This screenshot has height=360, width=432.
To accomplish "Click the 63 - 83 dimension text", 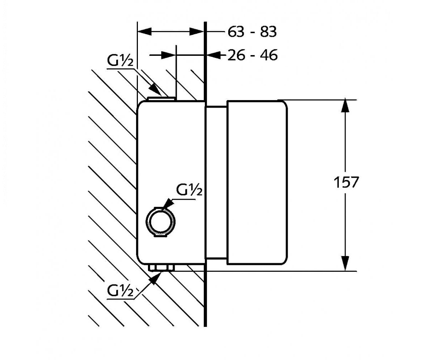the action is click(x=252, y=32).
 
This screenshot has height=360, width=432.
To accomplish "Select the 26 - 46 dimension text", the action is click(x=252, y=55).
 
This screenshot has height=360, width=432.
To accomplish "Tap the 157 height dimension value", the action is click(x=346, y=182).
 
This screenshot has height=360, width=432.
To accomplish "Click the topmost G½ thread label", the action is click(x=120, y=61).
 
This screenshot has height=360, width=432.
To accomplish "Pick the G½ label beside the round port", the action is click(x=189, y=190).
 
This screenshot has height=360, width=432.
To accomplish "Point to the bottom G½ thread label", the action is click(x=120, y=291).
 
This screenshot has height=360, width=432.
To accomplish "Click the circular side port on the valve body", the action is click(x=161, y=222).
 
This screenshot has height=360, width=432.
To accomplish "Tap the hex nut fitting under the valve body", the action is click(x=161, y=268).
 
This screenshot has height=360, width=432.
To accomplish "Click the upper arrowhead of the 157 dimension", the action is click(x=345, y=106).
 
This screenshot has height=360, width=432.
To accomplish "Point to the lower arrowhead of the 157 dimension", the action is click(x=345, y=264).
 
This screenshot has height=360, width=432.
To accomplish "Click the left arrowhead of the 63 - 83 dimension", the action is click(x=144, y=32).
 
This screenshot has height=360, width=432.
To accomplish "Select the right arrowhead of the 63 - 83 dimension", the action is click(x=197, y=32).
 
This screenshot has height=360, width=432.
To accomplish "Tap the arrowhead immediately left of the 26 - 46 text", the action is click(x=213, y=55).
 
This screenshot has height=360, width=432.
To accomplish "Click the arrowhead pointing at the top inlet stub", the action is click(x=155, y=90).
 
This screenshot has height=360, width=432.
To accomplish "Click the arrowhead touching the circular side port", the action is click(x=169, y=203).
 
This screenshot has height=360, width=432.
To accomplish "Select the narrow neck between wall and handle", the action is click(x=216, y=183).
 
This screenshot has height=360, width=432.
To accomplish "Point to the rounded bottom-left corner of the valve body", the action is click(x=139, y=261).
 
